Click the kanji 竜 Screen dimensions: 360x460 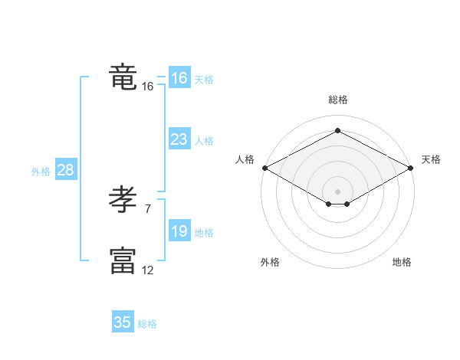pyautogui.click(x=123, y=77)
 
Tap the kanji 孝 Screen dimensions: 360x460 pyautogui.click(x=123, y=201)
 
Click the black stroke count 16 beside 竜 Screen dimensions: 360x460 pyautogui.click(x=148, y=87)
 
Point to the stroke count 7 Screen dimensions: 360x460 pyautogui.click(x=148, y=208)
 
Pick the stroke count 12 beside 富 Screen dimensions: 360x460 pyautogui.click(x=148, y=270)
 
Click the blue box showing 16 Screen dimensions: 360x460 pyautogui.click(x=179, y=78)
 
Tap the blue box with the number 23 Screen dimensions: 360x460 pyautogui.click(x=179, y=139)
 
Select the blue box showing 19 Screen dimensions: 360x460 pyautogui.click(x=179, y=231)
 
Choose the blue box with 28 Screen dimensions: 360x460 pyautogui.click(x=65, y=170)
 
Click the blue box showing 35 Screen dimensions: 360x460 pyautogui.click(x=123, y=322)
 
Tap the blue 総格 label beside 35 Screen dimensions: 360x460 pyautogui.click(x=147, y=324)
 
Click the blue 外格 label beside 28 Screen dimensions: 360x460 pyautogui.click(x=41, y=172)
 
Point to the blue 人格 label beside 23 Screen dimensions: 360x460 pyautogui.click(x=204, y=141)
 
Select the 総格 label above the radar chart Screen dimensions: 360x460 pyautogui.click(x=337, y=100)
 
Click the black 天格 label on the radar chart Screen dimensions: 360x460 pyautogui.click(x=431, y=159)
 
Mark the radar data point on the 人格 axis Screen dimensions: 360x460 pyautogui.click(x=264, y=167)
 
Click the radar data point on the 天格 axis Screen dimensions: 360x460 pyautogui.click(x=411, y=167)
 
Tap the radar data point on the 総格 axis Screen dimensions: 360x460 pyautogui.click(x=337, y=130)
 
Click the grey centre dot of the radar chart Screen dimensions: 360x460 pyautogui.click(x=337, y=190)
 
